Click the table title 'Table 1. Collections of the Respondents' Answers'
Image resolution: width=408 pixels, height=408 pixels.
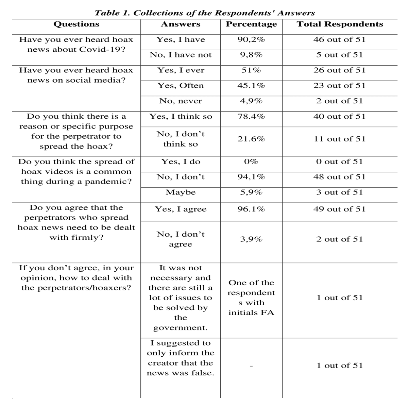click(204, 13)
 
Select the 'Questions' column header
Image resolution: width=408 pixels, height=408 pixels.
click(76, 24)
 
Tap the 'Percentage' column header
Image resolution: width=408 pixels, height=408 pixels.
click(251, 24)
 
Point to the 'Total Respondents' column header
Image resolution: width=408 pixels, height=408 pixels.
click(340, 24)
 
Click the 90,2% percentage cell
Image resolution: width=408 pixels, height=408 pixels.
click(251, 39)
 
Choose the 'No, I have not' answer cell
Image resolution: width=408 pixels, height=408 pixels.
click(181, 55)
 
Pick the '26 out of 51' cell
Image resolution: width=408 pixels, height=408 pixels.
click(339, 70)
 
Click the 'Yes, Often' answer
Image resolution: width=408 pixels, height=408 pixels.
click(181, 86)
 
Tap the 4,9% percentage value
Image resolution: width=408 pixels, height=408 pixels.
click(251, 101)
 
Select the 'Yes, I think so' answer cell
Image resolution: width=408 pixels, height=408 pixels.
click(181, 116)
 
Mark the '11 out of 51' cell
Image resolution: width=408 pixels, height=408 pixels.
click(339, 139)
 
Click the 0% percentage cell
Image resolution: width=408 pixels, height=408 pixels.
click(251, 161)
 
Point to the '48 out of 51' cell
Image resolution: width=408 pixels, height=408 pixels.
click(339, 177)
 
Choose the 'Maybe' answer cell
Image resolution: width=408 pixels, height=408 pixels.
click(181, 192)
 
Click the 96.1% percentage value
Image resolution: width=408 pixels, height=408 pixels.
click(251, 209)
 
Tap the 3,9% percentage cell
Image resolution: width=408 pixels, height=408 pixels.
click(251, 239)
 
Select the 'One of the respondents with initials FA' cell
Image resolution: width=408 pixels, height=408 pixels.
click(251, 297)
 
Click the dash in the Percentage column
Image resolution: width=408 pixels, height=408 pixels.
click(251, 366)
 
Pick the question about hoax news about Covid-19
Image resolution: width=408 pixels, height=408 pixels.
click(76, 44)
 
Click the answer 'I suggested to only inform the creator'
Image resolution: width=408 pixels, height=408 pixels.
click(181, 358)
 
